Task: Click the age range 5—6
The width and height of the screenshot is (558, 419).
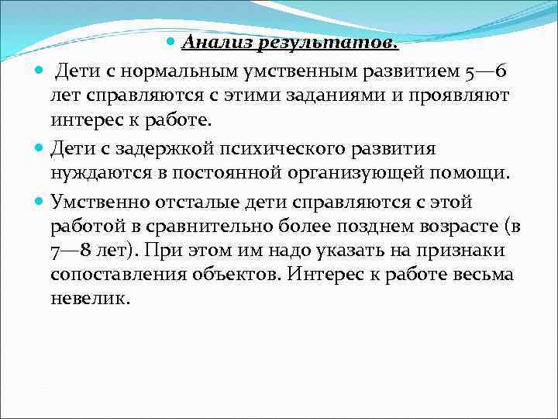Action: pos(486,71)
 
